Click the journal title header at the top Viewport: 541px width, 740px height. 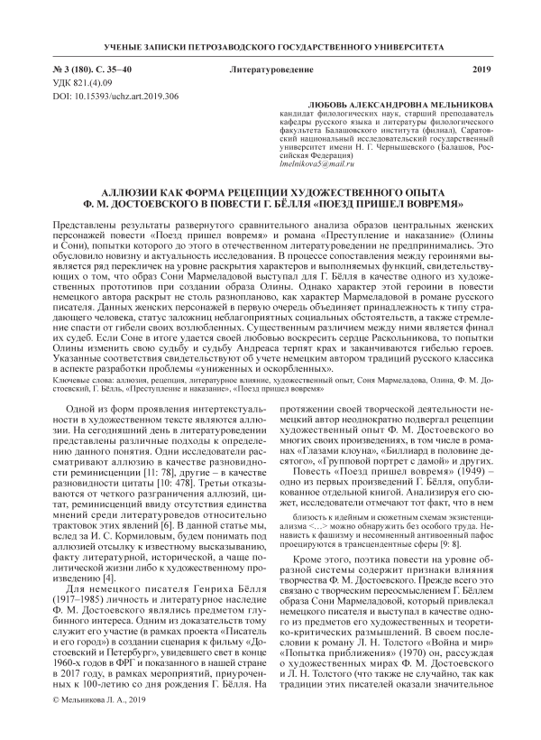tap(270, 45)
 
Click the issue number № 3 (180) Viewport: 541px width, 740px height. tap(61, 69)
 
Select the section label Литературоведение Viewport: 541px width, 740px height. tap(271, 69)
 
